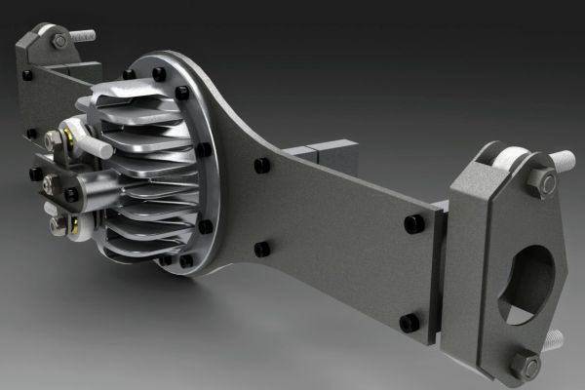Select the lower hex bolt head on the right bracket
coord(525,366)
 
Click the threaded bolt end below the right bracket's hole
coord(553,339)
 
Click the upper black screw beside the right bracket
coord(414,223)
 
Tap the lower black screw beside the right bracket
coord(409,322)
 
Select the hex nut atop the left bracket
coord(59,41)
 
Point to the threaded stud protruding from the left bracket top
coord(84,36)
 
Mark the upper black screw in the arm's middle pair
coord(262,166)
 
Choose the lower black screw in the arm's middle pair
coord(262,249)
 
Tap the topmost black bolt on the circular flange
coord(159,74)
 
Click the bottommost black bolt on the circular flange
coord(185,260)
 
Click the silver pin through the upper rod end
coord(97,146)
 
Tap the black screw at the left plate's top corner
coord(27,75)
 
